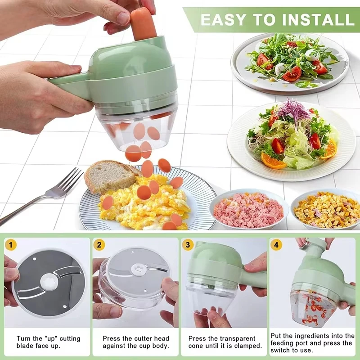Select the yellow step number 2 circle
click(x=100, y=246)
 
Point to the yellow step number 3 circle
click(x=189, y=246)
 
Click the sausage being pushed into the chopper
click(x=143, y=22)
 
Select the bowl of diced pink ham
click(x=248, y=209)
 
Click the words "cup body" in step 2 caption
click(x=154, y=346)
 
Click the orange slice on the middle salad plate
click(x=272, y=161)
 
